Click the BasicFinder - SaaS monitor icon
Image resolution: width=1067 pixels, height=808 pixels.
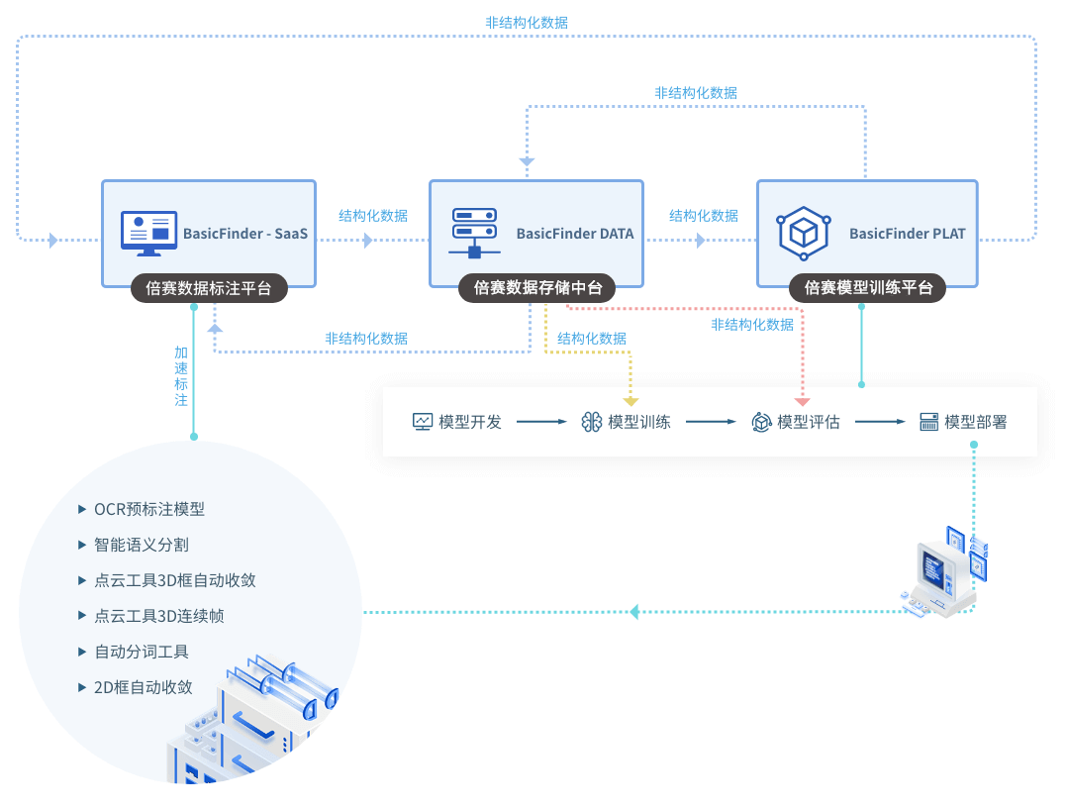click(148, 234)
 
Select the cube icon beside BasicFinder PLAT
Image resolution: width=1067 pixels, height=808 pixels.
click(803, 234)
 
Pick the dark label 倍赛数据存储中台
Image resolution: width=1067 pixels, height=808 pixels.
click(537, 288)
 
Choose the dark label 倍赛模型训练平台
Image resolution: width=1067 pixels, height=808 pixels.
click(867, 288)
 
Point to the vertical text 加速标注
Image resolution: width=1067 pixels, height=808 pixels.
click(181, 376)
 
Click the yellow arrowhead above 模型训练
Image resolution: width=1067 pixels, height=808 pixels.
click(630, 401)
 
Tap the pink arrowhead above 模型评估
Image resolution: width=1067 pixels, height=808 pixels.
click(802, 401)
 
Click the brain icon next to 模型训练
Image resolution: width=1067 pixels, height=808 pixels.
click(592, 422)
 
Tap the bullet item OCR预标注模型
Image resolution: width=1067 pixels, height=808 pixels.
click(149, 509)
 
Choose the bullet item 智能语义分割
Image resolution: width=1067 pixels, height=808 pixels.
click(142, 545)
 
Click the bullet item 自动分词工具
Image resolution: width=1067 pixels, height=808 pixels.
click(142, 652)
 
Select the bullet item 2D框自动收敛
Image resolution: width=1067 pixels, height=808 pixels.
click(144, 687)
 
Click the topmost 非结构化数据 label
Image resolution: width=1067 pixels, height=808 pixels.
click(527, 22)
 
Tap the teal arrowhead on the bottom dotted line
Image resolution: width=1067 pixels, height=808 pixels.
click(634, 612)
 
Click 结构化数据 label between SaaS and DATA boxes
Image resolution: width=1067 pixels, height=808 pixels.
click(373, 215)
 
